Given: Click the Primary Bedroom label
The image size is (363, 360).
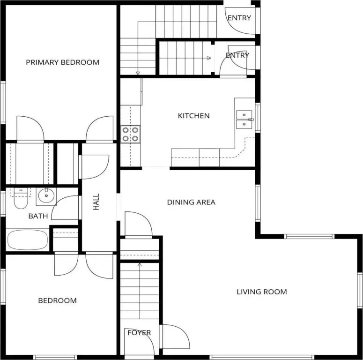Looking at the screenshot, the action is [62, 62].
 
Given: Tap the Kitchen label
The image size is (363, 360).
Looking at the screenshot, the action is [194, 116].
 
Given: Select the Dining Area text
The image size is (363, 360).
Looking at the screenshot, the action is [191, 202].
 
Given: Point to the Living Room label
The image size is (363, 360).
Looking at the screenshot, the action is [262, 292].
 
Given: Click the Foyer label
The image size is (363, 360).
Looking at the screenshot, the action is [139, 333].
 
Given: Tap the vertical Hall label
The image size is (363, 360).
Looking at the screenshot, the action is [96, 202].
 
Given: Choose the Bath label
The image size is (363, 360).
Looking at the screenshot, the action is [38, 216].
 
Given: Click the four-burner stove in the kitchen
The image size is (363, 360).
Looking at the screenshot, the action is [130, 135].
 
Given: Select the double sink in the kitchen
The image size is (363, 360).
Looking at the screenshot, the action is [244, 120].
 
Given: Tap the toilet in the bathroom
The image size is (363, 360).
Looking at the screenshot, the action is [21, 198].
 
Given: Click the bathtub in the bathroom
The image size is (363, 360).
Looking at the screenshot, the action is [28, 240].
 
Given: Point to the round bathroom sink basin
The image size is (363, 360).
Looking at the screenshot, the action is [46, 196].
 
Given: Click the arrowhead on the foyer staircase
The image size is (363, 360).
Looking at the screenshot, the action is [140, 264].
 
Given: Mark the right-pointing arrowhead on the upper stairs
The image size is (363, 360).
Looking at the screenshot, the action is [209, 58].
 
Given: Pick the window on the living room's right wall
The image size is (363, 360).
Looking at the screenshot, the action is [360, 290].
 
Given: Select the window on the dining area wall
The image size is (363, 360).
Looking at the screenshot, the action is [258, 203].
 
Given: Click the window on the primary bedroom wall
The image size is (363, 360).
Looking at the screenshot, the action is [3, 102].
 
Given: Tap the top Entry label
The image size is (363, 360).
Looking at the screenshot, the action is [239, 18].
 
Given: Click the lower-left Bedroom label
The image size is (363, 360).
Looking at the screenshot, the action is [58, 300].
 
